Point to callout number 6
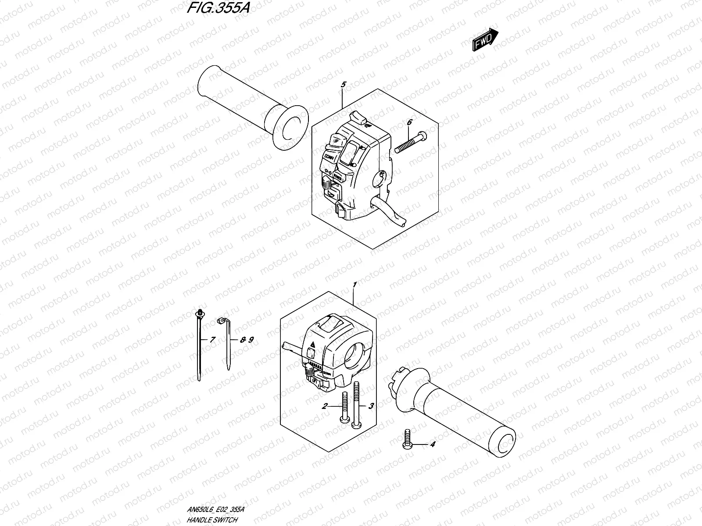(409, 123)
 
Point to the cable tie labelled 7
(200, 346)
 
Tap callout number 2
(325, 406)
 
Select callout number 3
(371, 406)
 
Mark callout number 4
(432, 444)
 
